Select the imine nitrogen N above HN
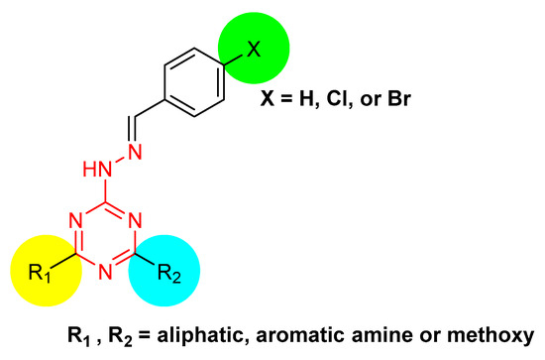(135, 152)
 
